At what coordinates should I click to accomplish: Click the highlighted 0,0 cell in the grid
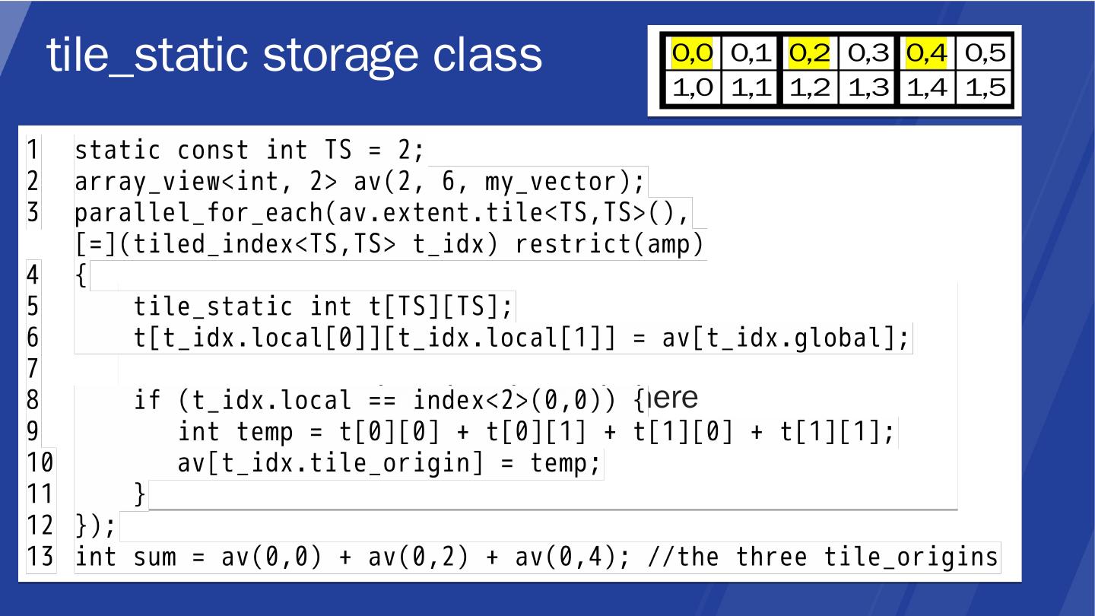692,53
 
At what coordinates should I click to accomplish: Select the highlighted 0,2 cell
809,53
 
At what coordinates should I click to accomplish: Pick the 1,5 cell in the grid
985,88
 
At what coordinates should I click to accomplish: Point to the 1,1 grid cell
751,88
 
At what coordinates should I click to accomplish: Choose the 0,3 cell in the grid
868,53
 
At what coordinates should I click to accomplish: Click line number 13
40,557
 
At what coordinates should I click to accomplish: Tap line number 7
33,369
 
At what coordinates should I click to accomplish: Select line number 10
40,462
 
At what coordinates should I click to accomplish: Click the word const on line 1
213,151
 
